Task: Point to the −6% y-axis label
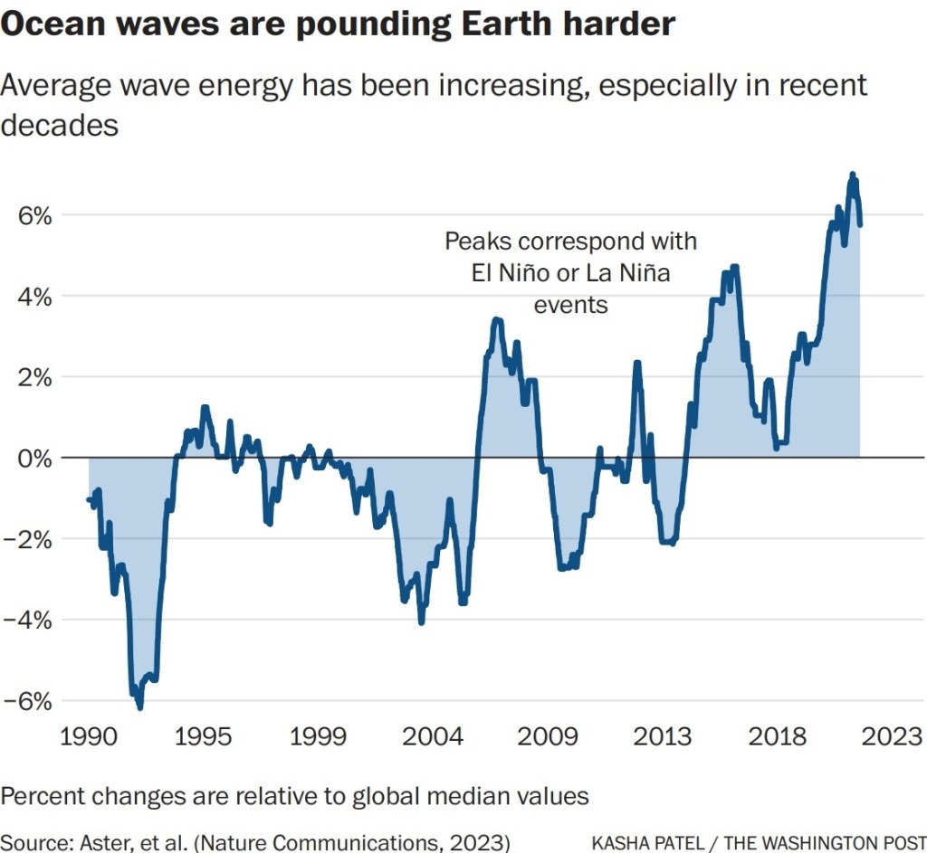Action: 28,701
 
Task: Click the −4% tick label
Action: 28,621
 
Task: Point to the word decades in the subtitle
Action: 59,125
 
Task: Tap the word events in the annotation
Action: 570,304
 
